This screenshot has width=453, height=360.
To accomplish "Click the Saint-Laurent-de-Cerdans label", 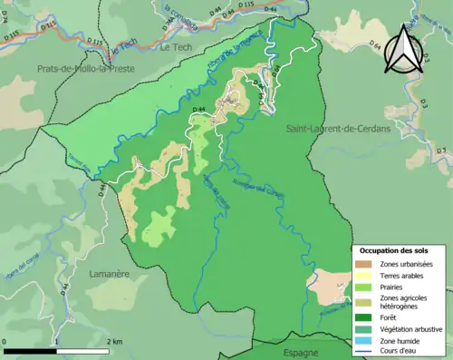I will point(338,130).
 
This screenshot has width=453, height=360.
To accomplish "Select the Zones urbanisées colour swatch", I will point(361,264).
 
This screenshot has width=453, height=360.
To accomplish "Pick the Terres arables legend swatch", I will point(361,276).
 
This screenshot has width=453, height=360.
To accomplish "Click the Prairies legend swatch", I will point(361,287).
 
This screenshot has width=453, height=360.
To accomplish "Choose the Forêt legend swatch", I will point(361,316).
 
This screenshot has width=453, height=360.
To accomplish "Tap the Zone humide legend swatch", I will point(361,341).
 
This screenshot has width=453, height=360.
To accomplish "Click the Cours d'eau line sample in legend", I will point(361,352).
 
